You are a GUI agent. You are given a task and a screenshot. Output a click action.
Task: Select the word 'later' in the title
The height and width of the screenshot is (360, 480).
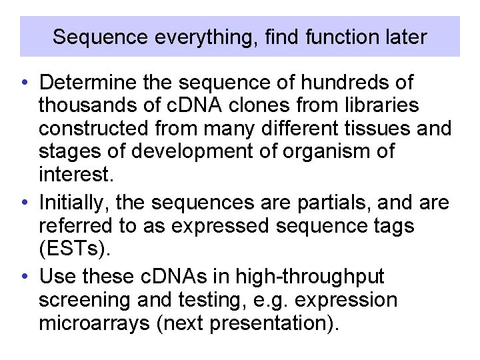point(407,37)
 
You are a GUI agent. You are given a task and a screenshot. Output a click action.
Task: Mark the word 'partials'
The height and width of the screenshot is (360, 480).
point(326,203)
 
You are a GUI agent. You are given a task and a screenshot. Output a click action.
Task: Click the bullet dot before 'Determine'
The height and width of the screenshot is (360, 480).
point(23,83)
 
